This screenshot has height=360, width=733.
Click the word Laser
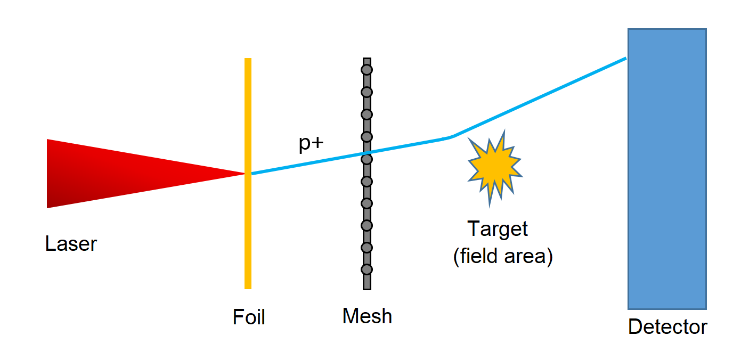[x=71, y=244]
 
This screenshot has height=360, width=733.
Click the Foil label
[x=249, y=317]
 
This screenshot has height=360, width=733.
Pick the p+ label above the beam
[x=311, y=144]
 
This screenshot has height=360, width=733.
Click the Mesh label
[x=367, y=316]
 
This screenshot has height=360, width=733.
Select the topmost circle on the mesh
[x=366, y=70]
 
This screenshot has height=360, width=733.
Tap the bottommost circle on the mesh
[x=366, y=269]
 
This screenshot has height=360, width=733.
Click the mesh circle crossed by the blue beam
[x=366, y=159]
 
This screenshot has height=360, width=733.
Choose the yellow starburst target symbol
[x=494, y=167]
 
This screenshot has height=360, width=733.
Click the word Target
[x=498, y=229]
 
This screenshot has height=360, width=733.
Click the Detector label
[x=667, y=326]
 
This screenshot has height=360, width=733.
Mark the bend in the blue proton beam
[x=449, y=137]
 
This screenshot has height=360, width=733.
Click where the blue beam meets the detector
[x=626, y=59]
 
